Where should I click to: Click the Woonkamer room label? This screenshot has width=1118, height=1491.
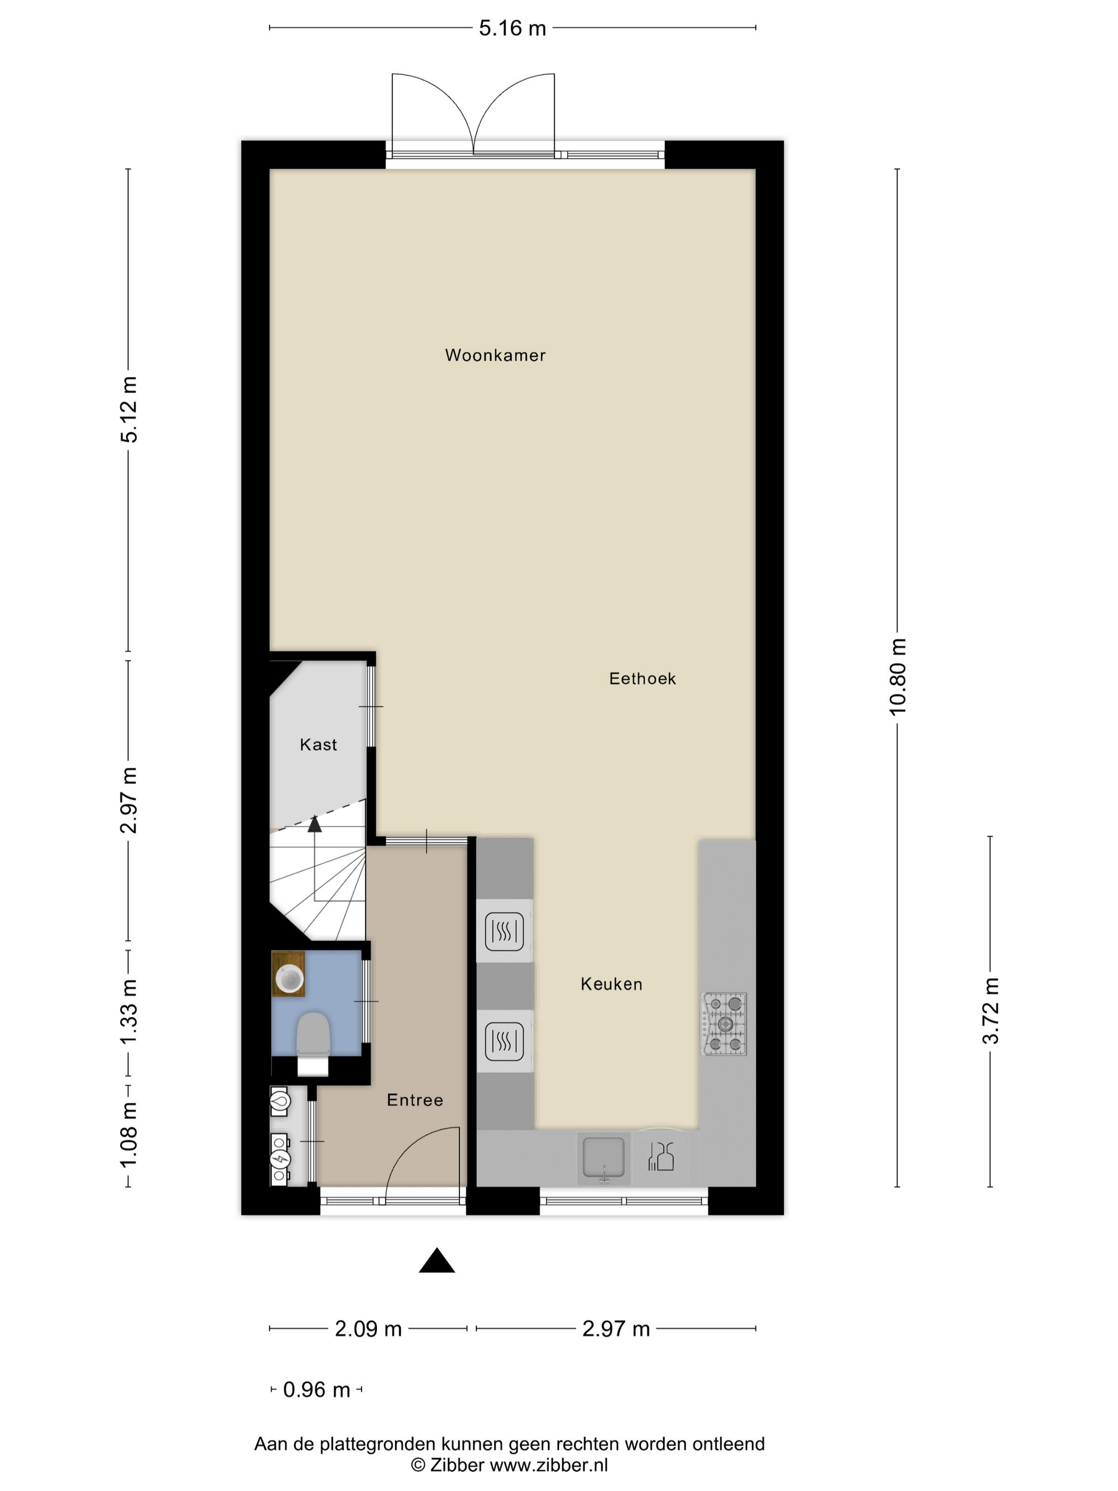click(495, 355)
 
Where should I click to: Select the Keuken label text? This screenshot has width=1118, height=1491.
click(611, 984)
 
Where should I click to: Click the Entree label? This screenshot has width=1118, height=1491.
click(415, 1100)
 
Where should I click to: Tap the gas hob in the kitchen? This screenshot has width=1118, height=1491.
click(725, 1024)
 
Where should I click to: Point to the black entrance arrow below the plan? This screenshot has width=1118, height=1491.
click(437, 1260)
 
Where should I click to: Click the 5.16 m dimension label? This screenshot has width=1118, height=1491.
click(512, 28)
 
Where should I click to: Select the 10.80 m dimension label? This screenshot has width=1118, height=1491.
click(898, 676)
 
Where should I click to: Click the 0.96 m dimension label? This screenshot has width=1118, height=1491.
click(317, 1389)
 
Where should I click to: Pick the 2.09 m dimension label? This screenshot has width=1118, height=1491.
click(368, 1329)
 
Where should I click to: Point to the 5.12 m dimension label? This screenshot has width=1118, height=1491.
click(128, 409)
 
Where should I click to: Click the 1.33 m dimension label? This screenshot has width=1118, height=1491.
click(128, 1012)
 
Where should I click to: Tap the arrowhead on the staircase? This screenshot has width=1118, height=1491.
click(315, 824)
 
